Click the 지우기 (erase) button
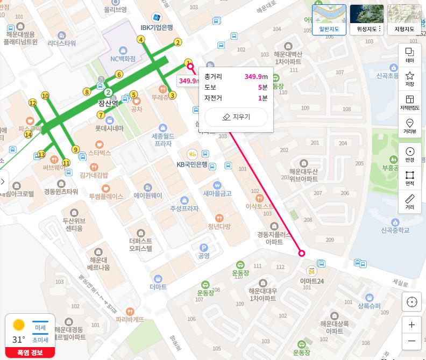[236, 117]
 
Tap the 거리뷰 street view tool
[409, 125]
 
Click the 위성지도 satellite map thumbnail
[366, 20]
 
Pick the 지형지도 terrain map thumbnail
[404, 20]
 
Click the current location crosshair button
[412, 302]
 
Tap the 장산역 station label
[108, 103]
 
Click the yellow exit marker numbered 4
[140, 39]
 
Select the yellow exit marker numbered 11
[66, 162]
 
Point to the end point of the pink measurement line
[302, 253]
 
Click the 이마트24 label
[312, 281]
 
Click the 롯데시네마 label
[109, 128]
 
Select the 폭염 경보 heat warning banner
[30, 352]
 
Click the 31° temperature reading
[19, 340]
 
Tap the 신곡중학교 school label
[395, 230]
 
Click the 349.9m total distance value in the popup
[254, 76]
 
